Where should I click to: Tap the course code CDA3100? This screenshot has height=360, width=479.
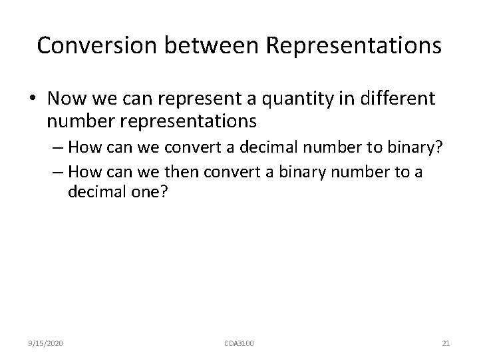(x=239, y=343)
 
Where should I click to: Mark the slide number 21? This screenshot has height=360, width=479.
(x=446, y=343)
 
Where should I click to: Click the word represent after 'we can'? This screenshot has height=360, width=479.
(x=190, y=99)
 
